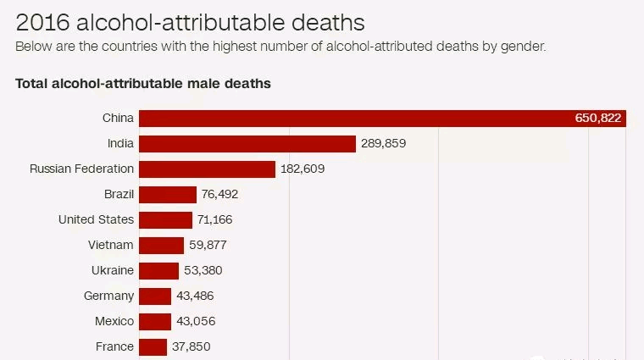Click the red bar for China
[x=356, y=118]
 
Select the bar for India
[x=247, y=143]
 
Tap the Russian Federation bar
[x=207, y=169]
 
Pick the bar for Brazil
[x=167, y=194]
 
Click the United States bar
[x=165, y=219]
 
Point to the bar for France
[x=153, y=346]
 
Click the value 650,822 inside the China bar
[x=598, y=118]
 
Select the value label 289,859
[x=383, y=143]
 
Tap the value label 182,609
[x=303, y=169]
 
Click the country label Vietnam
[x=111, y=245]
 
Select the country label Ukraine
[x=112, y=270]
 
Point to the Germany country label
[x=108, y=296]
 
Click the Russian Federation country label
[x=81, y=169]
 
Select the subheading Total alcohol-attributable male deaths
[x=143, y=84]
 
